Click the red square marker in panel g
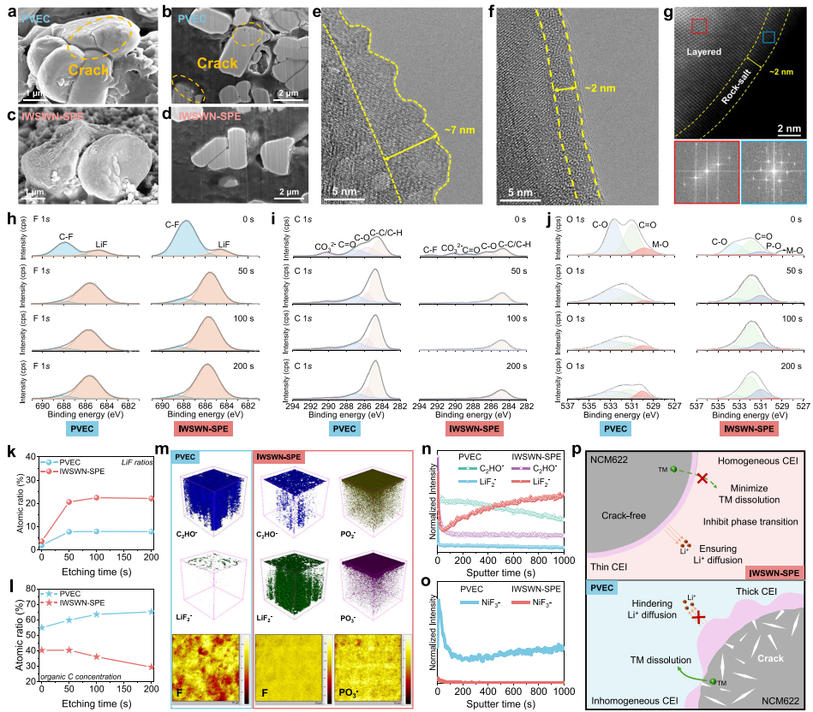coord(699,27)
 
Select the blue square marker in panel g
coord(768,37)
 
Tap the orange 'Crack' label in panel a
coord(72,70)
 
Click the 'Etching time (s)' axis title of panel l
coord(97,698)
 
